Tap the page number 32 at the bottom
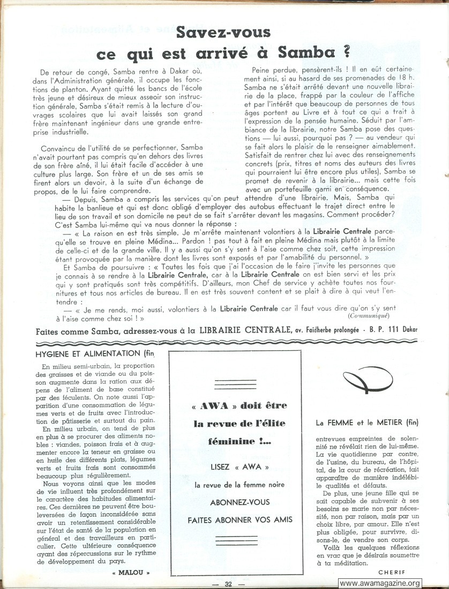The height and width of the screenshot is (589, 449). [x=228, y=583]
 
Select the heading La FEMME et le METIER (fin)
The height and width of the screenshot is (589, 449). [x=367, y=422]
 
